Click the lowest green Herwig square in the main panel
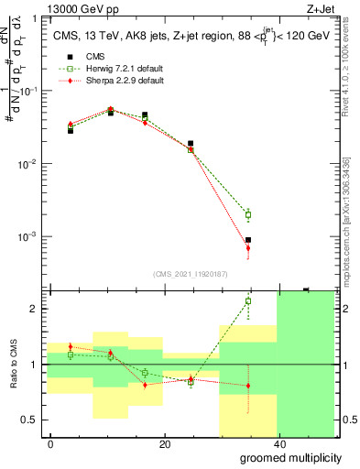[248, 215]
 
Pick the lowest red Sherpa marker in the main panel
[248, 248]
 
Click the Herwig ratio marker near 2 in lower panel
[248, 300]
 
